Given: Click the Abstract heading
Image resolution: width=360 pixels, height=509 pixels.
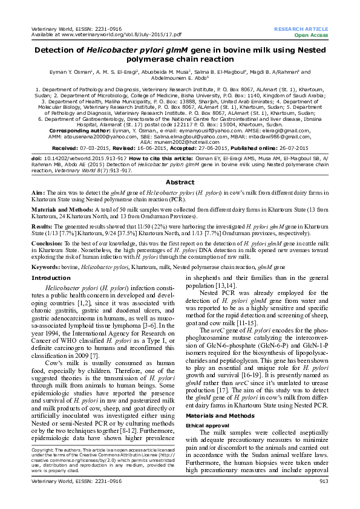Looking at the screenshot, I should [x=180, y=182].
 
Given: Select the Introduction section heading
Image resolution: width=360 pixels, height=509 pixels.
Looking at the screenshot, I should [x=51, y=278].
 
